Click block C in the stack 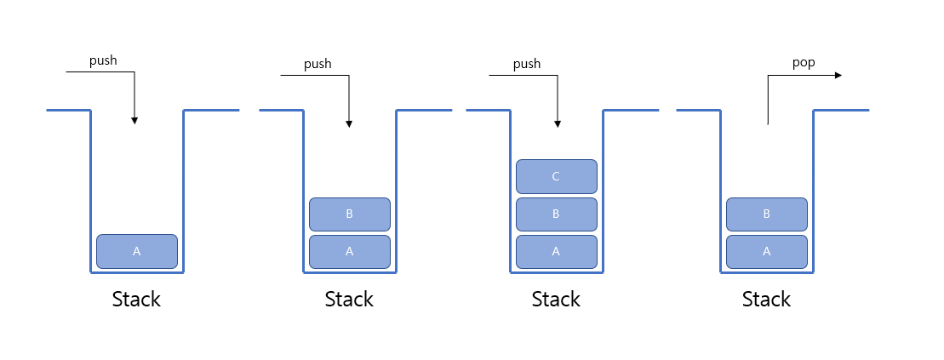[557, 176]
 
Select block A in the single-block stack [137, 252]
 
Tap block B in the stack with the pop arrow [766, 214]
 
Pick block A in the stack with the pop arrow [766, 252]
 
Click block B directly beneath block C [557, 214]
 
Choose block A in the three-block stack [557, 252]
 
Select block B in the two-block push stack [350, 214]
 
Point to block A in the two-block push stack [350, 252]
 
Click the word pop [803, 63]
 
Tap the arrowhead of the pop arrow [838, 75]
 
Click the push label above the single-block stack [103, 60]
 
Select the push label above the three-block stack [527, 64]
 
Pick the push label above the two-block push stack [318, 64]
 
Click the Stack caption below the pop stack [766, 300]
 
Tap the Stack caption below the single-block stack [136, 300]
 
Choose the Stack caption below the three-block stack [556, 300]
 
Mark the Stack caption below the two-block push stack [349, 300]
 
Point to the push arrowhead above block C [558, 124]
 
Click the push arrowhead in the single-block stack [134, 120]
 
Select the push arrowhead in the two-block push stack [349, 124]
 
